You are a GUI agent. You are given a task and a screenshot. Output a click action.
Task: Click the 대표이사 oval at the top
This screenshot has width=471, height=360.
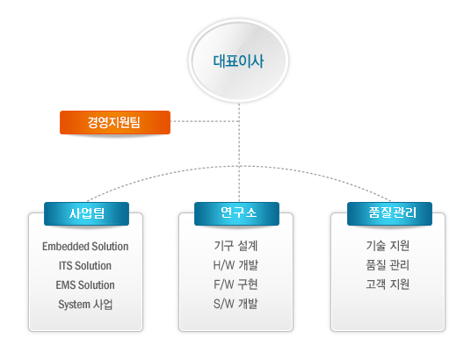coord(238,61)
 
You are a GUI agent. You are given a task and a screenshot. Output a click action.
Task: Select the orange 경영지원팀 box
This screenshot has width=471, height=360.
coord(115,122)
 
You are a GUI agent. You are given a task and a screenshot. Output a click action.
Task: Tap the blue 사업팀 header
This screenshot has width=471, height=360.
coord(86,213)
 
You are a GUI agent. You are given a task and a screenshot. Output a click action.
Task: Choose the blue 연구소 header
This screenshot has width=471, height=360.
coord(236,213)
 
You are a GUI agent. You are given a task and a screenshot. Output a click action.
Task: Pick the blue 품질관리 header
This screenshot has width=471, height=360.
coord(389,213)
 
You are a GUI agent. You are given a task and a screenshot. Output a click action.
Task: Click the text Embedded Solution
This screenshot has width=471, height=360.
coord(85,247)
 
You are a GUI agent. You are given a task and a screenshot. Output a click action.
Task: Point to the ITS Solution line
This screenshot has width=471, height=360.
coord(85,266)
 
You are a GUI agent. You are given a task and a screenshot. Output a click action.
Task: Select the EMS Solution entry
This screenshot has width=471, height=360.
coord(85,285)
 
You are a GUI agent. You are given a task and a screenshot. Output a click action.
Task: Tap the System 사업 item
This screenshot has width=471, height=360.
coord(85,304)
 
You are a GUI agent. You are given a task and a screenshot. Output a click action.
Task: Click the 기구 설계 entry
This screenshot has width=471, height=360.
coord(235,246)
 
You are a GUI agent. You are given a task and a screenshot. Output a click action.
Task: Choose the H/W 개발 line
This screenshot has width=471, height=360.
coord(235,265)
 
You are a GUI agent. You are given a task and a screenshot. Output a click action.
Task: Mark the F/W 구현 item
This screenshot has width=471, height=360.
coord(235,284)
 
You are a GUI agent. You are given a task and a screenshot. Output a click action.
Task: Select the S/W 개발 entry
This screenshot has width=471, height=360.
coord(235,304)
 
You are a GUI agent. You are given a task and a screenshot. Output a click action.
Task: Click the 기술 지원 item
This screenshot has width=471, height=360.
coord(388,246)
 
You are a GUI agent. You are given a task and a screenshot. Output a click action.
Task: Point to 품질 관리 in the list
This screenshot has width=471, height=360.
coord(388,265)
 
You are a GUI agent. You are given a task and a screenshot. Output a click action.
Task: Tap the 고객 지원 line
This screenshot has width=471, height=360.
coord(388,284)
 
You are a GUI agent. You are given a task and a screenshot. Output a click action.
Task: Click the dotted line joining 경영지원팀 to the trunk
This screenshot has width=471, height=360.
coord(205,121)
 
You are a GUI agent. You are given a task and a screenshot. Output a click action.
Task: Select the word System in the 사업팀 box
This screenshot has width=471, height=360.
coord(74,305)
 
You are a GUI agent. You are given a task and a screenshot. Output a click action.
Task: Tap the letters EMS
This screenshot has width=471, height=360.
coord(64,285)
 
